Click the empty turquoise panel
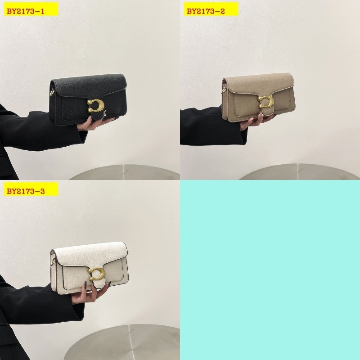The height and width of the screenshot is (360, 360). [270, 270]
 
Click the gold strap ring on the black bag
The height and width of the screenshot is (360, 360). [53, 93]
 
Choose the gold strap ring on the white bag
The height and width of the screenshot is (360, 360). [53, 263]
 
